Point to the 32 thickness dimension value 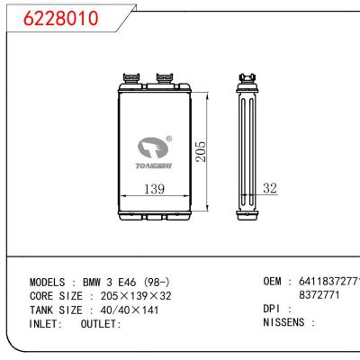click(x=270, y=188)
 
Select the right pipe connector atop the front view click(x=166, y=78)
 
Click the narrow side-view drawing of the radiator click(x=247, y=148)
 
